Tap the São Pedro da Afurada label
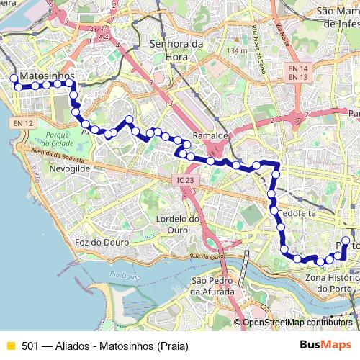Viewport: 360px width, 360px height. (x=213, y=287)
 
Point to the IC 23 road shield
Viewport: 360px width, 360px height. (x=185, y=180)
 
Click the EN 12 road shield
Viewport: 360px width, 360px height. (x=23, y=123)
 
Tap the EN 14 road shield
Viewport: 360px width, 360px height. (x=298, y=68)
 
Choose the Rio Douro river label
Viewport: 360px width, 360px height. (x=125, y=275)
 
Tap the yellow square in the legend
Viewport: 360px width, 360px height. (x=10, y=346)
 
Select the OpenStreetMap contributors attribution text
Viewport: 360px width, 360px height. (x=295, y=322)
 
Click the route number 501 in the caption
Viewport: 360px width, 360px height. (x=30, y=346)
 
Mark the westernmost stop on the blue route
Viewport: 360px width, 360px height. (x=14, y=78)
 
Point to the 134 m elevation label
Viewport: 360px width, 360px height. (x=235, y=50)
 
